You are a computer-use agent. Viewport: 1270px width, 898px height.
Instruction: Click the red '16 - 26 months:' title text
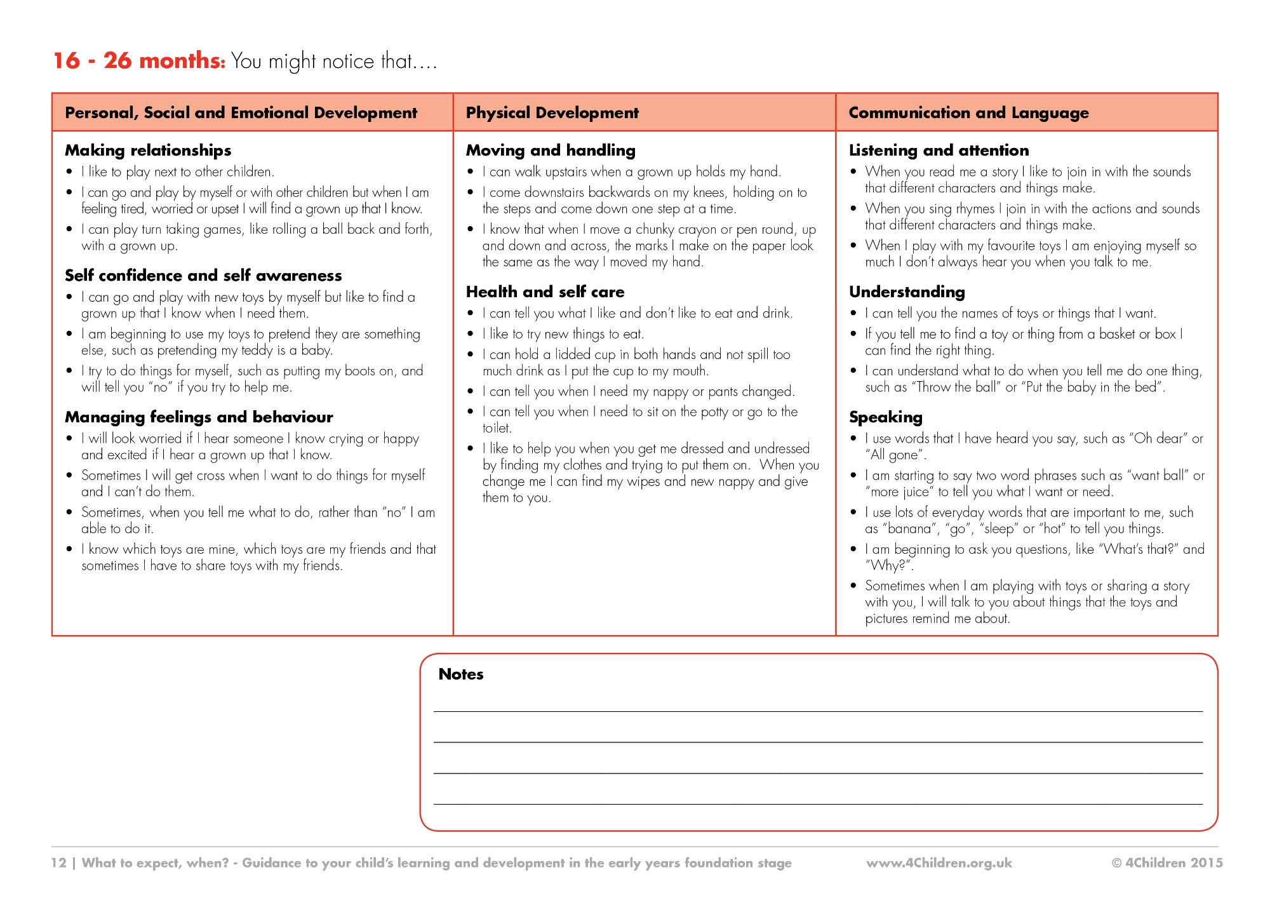pyautogui.click(x=139, y=61)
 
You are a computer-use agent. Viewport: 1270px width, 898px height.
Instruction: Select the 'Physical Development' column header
pyautogui.click(x=552, y=113)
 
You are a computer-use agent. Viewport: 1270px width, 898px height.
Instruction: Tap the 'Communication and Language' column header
pyautogui.click(x=968, y=113)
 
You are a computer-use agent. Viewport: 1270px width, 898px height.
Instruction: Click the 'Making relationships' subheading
pyautogui.click(x=148, y=151)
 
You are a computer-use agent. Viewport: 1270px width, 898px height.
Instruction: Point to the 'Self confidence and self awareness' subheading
pyautogui.click(x=203, y=276)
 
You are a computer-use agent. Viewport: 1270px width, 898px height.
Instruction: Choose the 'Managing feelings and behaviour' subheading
pyautogui.click(x=199, y=417)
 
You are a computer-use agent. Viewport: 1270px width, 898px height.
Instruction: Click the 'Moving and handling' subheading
pyautogui.click(x=551, y=151)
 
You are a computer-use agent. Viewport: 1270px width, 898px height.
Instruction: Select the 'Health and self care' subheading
pyautogui.click(x=545, y=292)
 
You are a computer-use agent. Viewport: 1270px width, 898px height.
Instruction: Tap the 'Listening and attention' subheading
pyautogui.click(x=939, y=151)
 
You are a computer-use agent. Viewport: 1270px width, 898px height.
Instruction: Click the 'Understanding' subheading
pyautogui.click(x=907, y=292)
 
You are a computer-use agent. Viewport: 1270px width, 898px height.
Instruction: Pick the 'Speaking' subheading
pyautogui.click(x=885, y=417)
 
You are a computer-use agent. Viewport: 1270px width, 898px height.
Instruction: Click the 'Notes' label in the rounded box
pyautogui.click(x=461, y=674)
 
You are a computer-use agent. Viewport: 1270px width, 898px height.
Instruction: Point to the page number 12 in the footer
pyautogui.click(x=58, y=863)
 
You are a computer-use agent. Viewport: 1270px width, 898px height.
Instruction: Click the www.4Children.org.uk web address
pyautogui.click(x=939, y=863)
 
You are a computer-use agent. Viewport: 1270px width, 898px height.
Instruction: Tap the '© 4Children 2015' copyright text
pyautogui.click(x=1166, y=863)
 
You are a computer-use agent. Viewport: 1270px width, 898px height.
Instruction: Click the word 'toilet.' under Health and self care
pyautogui.click(x=497, y=429)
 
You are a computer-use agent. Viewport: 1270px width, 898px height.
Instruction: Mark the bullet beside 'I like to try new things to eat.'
pyautogui.click(x=471, y=334)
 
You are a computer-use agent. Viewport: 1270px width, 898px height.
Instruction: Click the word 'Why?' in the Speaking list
pyautogui.click(x=888, y=566)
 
